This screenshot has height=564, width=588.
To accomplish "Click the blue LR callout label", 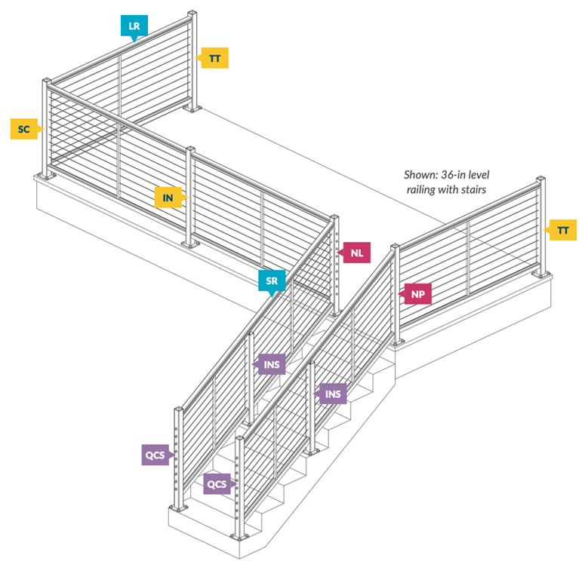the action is tap(134, 26).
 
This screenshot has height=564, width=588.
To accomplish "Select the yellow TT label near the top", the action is tap(214, 58).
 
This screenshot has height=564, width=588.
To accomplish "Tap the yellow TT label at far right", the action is tap(562, 230).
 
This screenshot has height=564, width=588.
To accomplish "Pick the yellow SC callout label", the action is tap(24, 129).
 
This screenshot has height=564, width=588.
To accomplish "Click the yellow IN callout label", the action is tap(168, 198).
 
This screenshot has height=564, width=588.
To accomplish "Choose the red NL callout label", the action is tap(356, 253).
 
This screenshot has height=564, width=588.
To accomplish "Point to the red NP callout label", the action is tap(417, 294).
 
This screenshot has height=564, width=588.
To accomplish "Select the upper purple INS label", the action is tap(271, 364).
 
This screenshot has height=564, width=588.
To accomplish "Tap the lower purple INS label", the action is tap(332, 394).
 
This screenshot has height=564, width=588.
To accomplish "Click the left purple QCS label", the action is tap(155, 455).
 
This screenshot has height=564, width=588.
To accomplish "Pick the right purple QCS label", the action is tap(217, 484).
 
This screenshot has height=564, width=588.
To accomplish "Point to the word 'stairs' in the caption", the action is tap(473, 189).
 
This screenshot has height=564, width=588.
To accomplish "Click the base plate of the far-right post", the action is tap(541, 275).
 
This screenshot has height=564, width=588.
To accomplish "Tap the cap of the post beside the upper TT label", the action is tap(192, 14).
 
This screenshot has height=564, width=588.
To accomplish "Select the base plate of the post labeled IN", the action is tap(190, 244).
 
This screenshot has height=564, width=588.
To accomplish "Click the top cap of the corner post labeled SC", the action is tap(47, 81).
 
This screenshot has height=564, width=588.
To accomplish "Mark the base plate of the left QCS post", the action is tap(178, 507).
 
